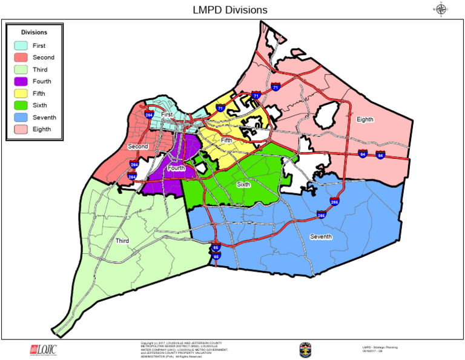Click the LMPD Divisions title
pyautogui.click(x=229, y=10)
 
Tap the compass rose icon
pyautogui.click(x=441, y=8)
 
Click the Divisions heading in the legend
pyautogui.click(x=34, y=32)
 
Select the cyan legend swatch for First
pyautogui.click(x=21, y=45)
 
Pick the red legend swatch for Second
pyautogui.click(x=21, y=58)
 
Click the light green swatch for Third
pyautogui.click(x=21, y=70)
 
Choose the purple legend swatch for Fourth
pyautogui.click(x=21, y=81)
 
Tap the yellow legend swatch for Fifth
pyautogui.click(x=21, y=93)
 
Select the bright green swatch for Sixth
pyautogui.click(x=21, y=105)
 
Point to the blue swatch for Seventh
pyautogui.click(x=21, y=117)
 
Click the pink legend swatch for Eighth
pyautogui.click(x=21, y=129)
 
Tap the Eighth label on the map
pyautogui.click(x=365, y=119)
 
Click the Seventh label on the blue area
pyautogui.click(x=321, y=236)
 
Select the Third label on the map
pyautogui.click(x=122, y=241)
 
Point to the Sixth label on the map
pyautogui.click(x=243, y=184)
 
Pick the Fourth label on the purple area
pyautogui.click(x=176, y=168)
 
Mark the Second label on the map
pyautogui.click(x=138, y=147)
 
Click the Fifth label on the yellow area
pyautogui.click(x=226, y=140)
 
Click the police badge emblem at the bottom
pyautogui.click(x=305, y=350)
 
